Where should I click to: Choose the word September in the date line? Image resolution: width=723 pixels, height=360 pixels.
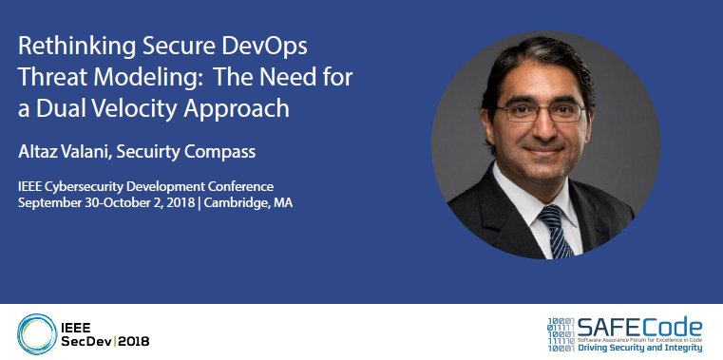pyautogui.click(x=47, y=203)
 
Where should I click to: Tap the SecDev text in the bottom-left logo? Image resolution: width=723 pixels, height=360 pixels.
pyautogui.click(x=83, y=339)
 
